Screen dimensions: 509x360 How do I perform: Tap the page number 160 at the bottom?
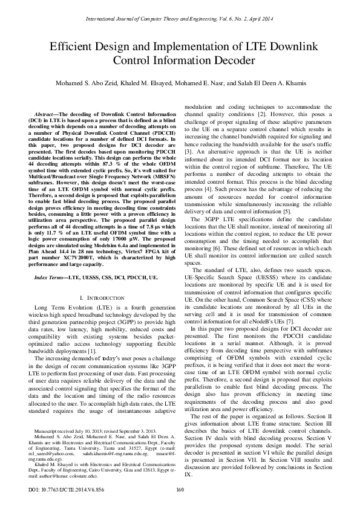(x=180, y=490)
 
